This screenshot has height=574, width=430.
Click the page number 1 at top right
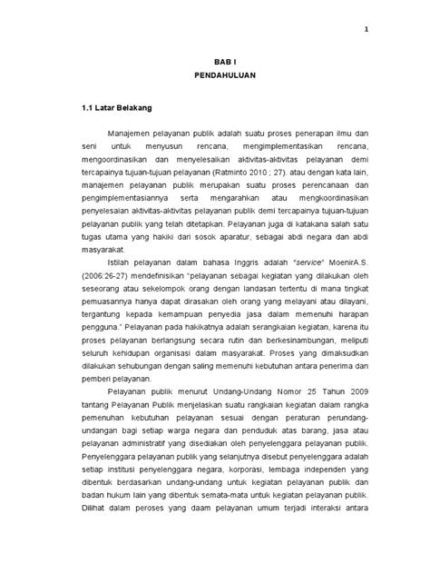click(x=366, y=28)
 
